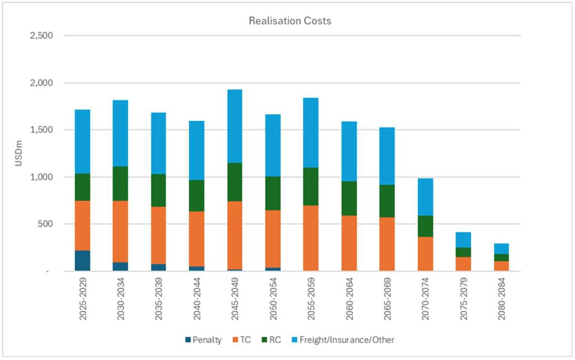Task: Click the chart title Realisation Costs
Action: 290,21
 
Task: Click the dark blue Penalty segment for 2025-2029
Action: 82,261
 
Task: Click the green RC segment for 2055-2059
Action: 310,186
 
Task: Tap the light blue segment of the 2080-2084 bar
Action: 501,249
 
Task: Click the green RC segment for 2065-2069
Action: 387,201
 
